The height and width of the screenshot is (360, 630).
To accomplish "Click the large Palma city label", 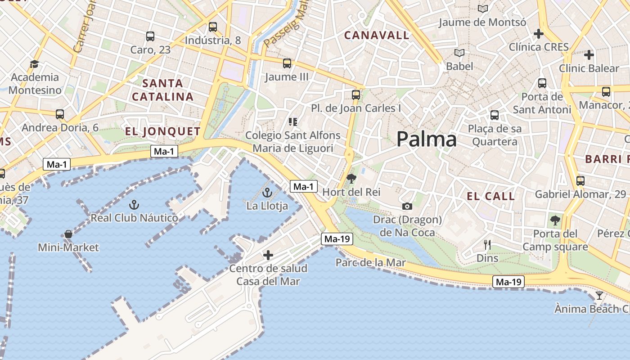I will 427,139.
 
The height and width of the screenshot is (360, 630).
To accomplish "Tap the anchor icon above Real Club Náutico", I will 134,205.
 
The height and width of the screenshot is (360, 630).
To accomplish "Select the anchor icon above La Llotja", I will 267,193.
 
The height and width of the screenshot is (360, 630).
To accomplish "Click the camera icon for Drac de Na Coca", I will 407,206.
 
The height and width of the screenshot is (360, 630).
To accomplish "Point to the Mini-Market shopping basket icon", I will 68,234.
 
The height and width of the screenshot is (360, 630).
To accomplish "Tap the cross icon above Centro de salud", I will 268,255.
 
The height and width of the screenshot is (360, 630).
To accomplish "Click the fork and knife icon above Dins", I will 487,245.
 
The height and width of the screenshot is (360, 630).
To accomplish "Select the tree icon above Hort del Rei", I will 351,179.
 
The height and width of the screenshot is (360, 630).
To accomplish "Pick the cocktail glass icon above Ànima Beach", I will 599,296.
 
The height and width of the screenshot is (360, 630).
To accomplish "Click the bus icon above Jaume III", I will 287,63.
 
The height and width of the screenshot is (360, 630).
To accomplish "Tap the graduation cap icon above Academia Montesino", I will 34,64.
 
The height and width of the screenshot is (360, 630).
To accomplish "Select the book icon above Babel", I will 459,53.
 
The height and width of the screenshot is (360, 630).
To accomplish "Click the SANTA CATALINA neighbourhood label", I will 163,90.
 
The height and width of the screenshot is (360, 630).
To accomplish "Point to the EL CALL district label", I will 490,196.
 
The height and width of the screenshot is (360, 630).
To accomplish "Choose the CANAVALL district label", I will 377,35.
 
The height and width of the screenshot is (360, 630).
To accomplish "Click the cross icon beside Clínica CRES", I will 538,34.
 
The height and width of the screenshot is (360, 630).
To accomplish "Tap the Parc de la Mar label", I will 370,262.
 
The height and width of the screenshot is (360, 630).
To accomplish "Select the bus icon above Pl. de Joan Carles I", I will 356,95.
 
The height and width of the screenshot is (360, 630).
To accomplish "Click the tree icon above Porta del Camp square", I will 555,220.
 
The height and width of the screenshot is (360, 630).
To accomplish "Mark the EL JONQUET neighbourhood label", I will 162,131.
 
